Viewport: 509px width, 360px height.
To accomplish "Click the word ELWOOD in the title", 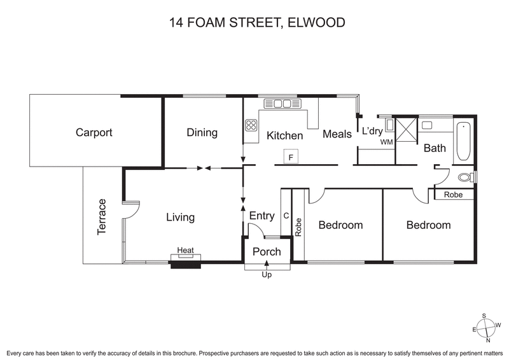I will pyautogui.click(x=316, y=24).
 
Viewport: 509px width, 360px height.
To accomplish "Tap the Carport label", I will pyautogui.click(x=94, y=133).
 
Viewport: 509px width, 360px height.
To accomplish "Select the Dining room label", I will pyautogui.click(x=202, y=133).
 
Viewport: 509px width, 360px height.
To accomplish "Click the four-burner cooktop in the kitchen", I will pyautogui.click(x=251, y=126).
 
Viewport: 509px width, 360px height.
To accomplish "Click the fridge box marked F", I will pyautogui.click(x=291, y=156).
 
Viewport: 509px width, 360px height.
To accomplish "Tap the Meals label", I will pyautogui.click(x=337, y=134).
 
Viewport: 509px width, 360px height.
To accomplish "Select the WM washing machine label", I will pyautogui.click(x=386, y=142).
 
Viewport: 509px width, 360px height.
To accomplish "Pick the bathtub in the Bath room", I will pyautogui.click(x=463, y=141).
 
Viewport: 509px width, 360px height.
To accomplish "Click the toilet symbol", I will pyautogui.click(x=466, y=176).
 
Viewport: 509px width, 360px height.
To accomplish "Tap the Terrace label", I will pyautogui.click(x=102, y=218).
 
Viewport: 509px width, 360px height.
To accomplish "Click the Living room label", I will pyautogui.click(x=180, y=218).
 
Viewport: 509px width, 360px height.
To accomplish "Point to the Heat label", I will pyautogui.click(x=185, y=251).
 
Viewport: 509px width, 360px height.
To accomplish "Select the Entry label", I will pyautogui.click(x=261, y=216).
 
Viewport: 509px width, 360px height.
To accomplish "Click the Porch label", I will pyautogui.click(x=267, y=252).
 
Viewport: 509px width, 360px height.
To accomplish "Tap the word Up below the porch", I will pyautogui.click(x=267, y=275).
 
